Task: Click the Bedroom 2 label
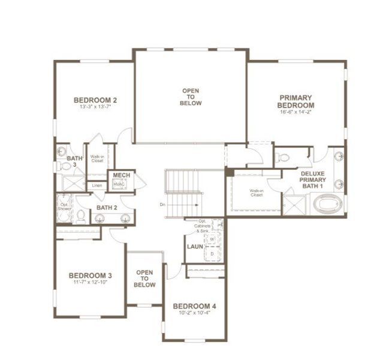[x=95, y=100]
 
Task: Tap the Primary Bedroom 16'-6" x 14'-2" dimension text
[x=296, y=112]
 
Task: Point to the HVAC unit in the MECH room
[x=119, y=184]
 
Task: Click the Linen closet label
[x=96, y=186]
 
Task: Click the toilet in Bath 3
[x=63, y=166]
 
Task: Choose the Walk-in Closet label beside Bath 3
[x=98, y=159]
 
